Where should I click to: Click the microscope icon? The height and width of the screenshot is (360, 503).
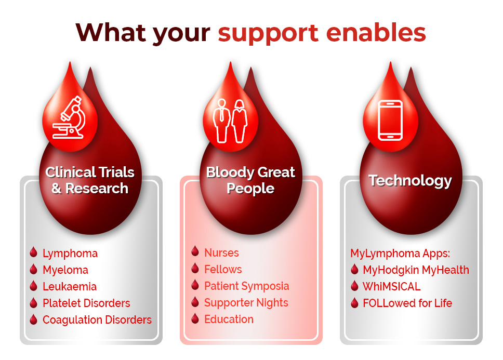69,117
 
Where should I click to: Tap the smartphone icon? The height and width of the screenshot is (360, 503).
390,120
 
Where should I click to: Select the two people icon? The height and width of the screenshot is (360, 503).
230,121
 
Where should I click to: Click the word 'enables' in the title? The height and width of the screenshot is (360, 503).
376,33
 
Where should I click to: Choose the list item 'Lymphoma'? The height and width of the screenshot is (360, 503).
70,254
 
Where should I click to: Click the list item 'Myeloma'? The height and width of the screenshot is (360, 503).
65,270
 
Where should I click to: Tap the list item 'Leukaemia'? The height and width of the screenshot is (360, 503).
70,287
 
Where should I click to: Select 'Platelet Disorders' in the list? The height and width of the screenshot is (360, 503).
86,303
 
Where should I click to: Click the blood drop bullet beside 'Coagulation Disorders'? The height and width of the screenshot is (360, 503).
33,319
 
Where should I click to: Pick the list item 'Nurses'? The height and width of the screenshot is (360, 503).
222,253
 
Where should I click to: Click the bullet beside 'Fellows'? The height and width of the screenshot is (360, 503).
195,268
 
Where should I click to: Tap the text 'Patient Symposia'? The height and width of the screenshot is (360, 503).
247,286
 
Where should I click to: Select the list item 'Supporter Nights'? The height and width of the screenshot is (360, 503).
246,303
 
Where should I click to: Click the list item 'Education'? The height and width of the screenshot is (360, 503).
229,319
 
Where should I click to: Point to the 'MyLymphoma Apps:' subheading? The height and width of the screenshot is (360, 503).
400,254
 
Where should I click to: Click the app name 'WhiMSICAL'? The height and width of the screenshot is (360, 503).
391,287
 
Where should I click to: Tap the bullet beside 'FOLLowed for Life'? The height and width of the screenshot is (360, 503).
354,303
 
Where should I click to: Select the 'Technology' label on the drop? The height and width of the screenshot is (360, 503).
410,181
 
